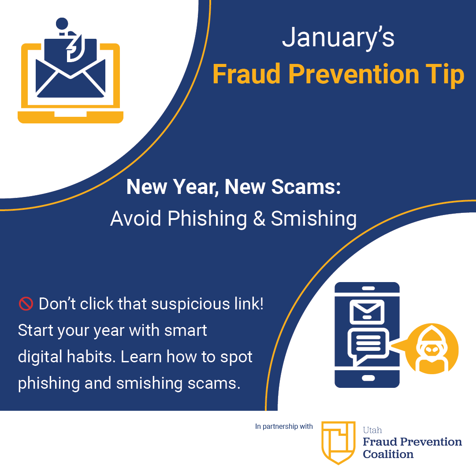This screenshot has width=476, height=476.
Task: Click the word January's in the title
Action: [x=338, y=38]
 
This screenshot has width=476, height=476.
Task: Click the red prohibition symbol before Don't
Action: [x=25, y=304]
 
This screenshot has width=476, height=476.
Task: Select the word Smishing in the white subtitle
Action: [x=313, y=219]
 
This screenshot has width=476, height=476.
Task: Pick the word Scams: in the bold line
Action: [x=306, y=188]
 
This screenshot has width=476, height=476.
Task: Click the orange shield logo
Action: [x=338, y=442]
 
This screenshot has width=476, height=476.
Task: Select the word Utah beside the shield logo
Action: [x=372, y=430]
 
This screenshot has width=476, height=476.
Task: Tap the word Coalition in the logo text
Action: [x=388, y=454]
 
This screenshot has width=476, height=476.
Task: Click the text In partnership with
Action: [x=284, y=427]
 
